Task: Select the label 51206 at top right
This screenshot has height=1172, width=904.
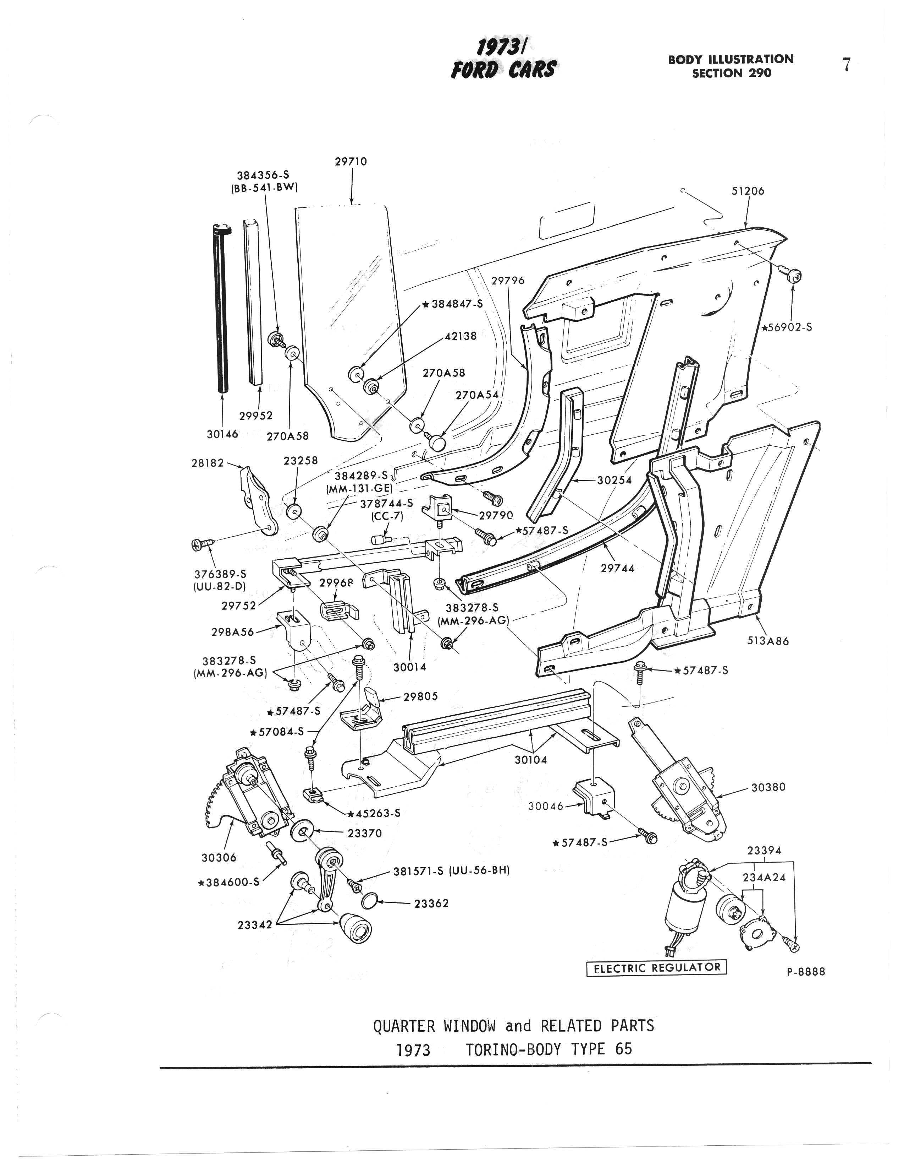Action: coord(748,191)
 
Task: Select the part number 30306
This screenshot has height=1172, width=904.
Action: coord(219,858)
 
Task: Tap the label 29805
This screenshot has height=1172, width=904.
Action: coord(421,696)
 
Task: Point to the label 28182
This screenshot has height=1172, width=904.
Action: coord(208,462)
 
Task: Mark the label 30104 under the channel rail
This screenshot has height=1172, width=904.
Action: coord(531,760)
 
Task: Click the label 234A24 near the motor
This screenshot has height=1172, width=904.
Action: coord(764,877)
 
